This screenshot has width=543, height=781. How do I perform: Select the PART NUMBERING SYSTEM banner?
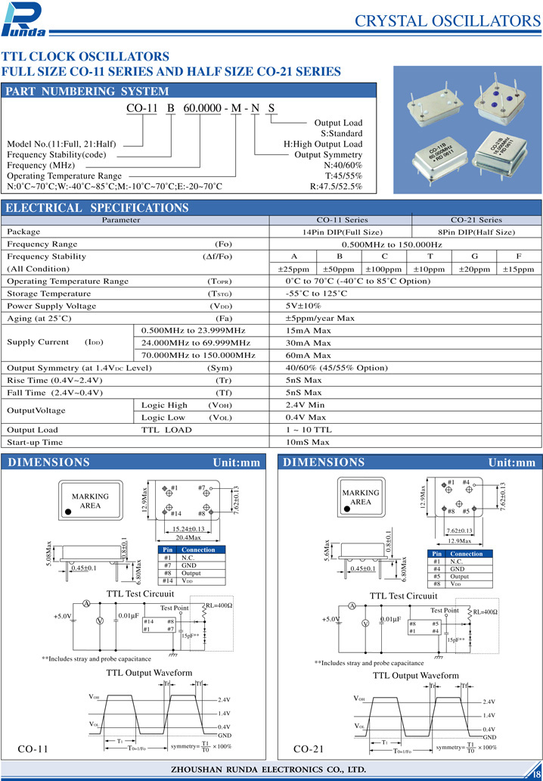click(x=88, y=92)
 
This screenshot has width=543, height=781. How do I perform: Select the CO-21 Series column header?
click(x=476, y=219)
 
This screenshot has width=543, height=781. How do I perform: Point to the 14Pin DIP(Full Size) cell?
click(x=340, y=232)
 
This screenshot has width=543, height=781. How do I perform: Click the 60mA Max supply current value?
click(x=309, y=354)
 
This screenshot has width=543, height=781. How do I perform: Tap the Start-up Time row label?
click(x=35, y=441)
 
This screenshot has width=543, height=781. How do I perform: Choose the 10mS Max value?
click(x=308, y=441)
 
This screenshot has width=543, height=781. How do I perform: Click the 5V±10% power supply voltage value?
click(x=303, y=305)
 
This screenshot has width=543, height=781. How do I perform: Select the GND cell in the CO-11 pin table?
click(x=189, y=565)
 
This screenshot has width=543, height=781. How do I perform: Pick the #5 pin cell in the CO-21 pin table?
click(x=437, y=576)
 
